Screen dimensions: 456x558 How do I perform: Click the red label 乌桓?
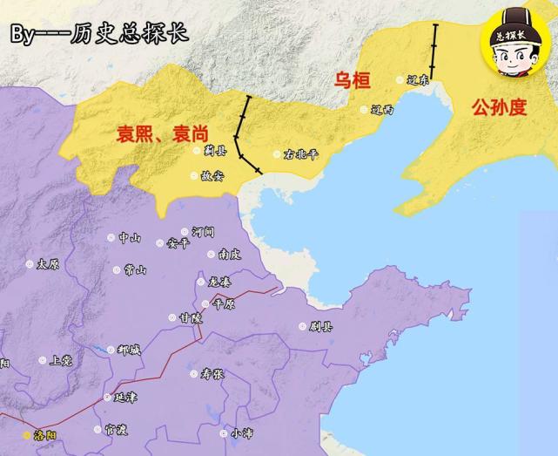pos(353,80)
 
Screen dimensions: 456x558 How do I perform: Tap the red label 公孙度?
pos(499,107)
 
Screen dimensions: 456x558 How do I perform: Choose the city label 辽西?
pos(381,110)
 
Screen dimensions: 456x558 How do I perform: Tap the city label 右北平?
pos(301,154)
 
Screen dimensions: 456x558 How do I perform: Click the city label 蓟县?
pos(213,150)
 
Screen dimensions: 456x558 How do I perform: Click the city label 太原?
pos(49,263)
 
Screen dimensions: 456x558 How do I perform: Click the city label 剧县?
pos(320,327)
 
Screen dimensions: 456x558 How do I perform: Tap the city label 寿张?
pos(212,374)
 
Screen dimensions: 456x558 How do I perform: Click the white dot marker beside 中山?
pos(111,237)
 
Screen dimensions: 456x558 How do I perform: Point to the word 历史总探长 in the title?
pos(124,34)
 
